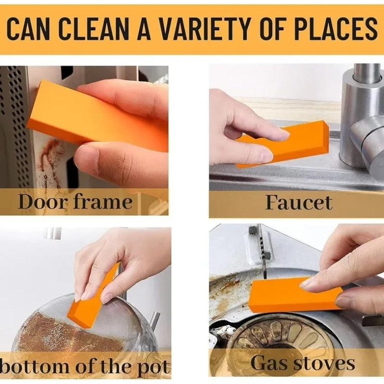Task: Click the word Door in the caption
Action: click(43, 202)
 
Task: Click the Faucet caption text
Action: click(299, 202)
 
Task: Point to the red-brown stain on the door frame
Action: click(50, 158)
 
